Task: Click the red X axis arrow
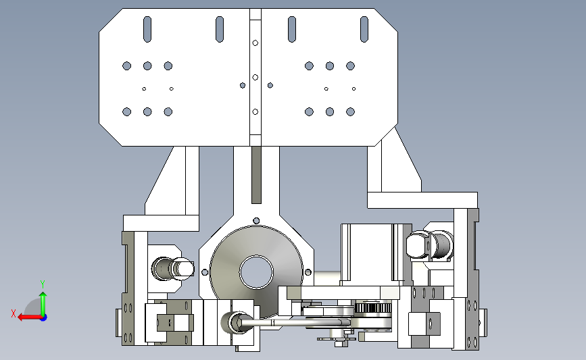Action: [x=29, y=317]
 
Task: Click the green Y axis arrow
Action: [x=43, y=304]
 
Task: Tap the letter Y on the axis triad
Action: [x=43, y=284]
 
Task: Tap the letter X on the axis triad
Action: [x=14, y=313]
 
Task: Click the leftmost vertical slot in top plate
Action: [x=147, y=29]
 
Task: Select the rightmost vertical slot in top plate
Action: [x=364, y=29]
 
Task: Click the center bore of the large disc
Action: [x=256, y=272]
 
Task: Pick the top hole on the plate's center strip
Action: [x=255, y=43]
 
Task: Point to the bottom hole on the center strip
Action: [x=255, y=111]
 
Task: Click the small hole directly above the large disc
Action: [x=256, y=221]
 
